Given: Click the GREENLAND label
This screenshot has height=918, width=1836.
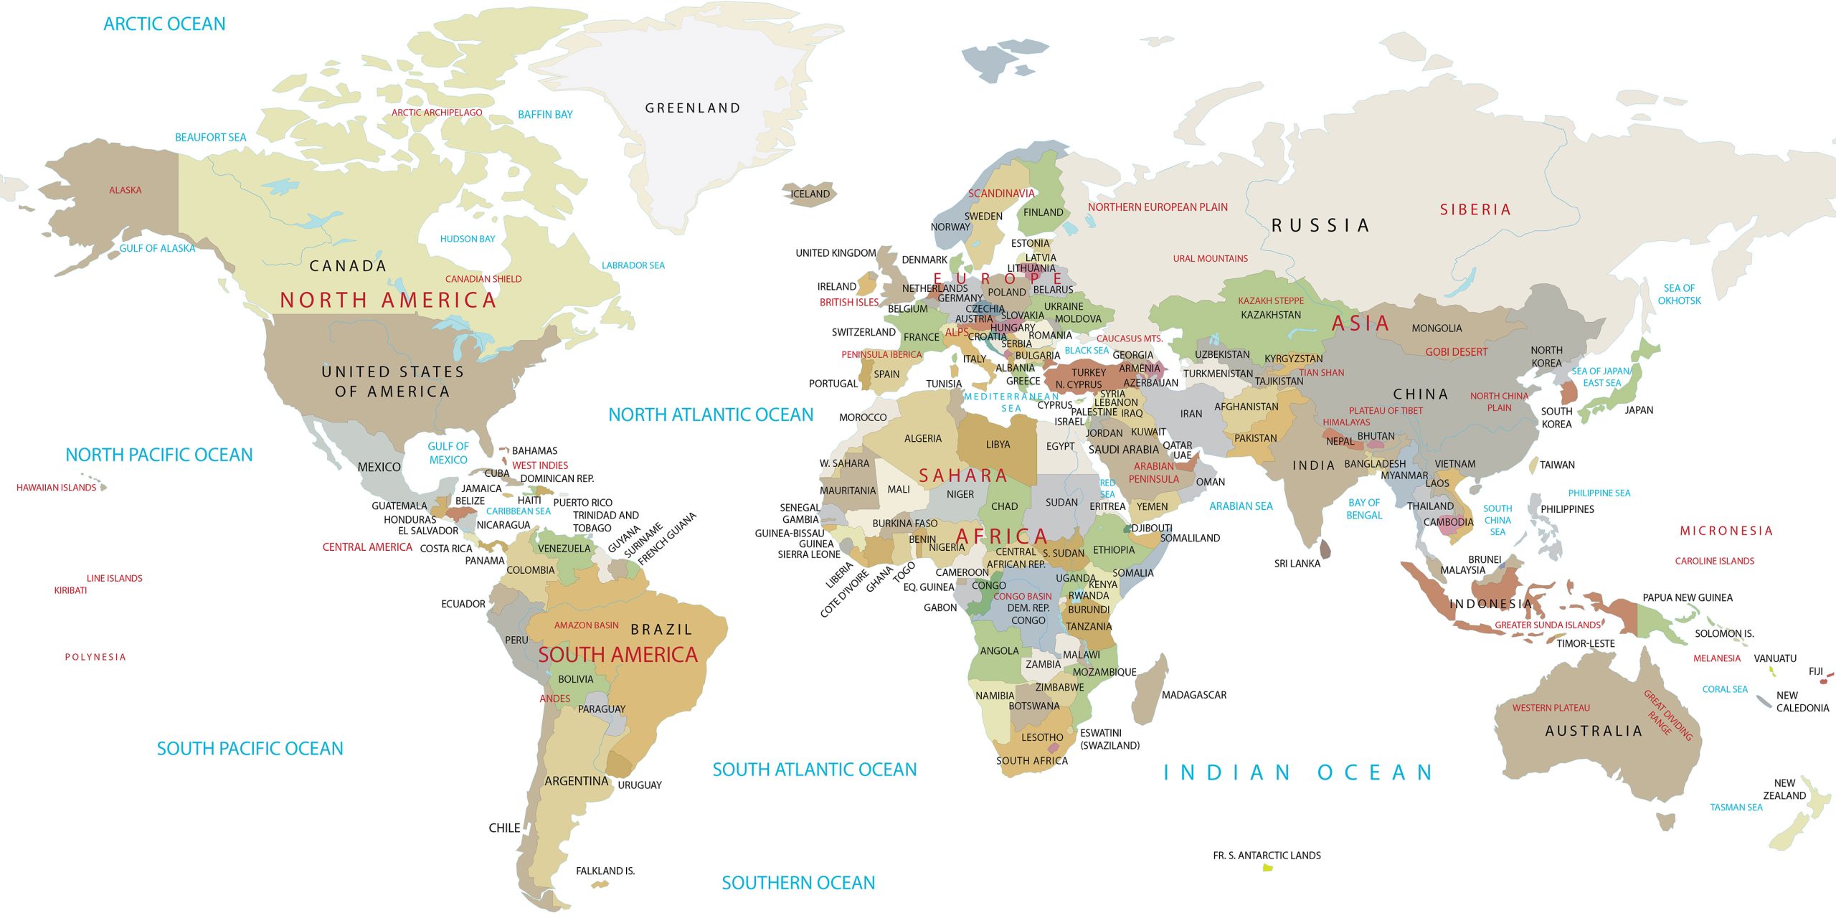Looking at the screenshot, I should (x=692, y=108).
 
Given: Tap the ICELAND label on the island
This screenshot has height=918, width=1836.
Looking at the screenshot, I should (x=810, y=194).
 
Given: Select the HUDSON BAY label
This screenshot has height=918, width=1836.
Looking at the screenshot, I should (x=468, y=239).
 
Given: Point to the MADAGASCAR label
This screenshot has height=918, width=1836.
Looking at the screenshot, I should (x=1193, y=695).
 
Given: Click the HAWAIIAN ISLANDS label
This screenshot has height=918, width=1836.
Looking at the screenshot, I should (x=56, y=488).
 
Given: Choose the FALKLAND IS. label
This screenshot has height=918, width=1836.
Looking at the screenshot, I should (x=605, y=871).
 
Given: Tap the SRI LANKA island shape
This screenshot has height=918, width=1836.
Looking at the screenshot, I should (x=1325, y=550).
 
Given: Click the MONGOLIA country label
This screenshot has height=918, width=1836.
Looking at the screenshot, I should (x=1437, y=328).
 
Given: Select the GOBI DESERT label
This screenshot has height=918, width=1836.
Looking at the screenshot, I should (x=1456, y=352).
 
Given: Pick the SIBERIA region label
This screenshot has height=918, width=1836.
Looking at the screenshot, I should (x=1475, y=209).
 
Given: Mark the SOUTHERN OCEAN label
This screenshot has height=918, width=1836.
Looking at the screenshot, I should (x=798, y=883).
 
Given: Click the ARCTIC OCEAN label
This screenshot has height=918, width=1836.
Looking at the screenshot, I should (x=164, y=24).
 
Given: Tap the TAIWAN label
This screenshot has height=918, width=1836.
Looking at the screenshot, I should (x=1557, y=465).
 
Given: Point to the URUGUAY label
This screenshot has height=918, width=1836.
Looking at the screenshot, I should (x=640, y=785).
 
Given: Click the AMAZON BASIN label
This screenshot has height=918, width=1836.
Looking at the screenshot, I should (x=586, y=625).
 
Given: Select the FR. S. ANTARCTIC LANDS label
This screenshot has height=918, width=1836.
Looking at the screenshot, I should (x=1267, y=855).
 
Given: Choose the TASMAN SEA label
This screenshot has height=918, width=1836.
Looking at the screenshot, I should (x=1736, y=808).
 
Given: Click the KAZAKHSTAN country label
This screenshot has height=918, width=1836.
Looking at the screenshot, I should (x=1270, y=315).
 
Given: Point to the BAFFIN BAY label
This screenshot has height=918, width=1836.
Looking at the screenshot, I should (x=545, y=115).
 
